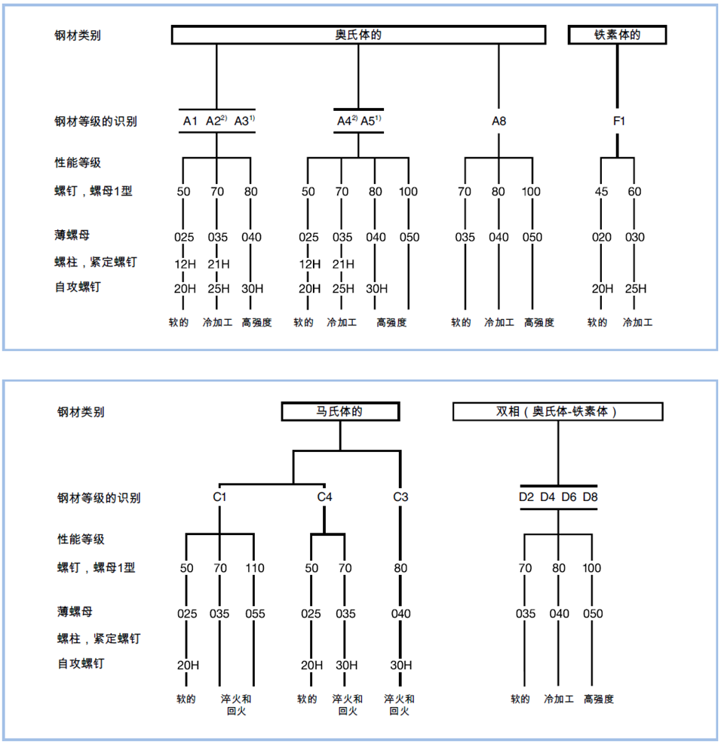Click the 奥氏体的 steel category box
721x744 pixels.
358,35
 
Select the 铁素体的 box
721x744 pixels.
618,35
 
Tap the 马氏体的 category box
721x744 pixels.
340,412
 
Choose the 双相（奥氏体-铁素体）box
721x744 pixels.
557,412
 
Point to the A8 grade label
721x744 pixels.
499,121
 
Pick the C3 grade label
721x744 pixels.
400,497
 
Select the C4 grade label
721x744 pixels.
324,497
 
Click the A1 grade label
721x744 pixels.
190,121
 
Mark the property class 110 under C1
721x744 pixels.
254,568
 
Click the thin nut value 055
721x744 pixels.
255,613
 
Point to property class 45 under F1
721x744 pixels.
601,192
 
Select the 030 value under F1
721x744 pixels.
635,237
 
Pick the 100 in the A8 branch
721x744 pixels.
531,192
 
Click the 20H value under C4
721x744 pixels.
311,665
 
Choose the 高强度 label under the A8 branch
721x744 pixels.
538,322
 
